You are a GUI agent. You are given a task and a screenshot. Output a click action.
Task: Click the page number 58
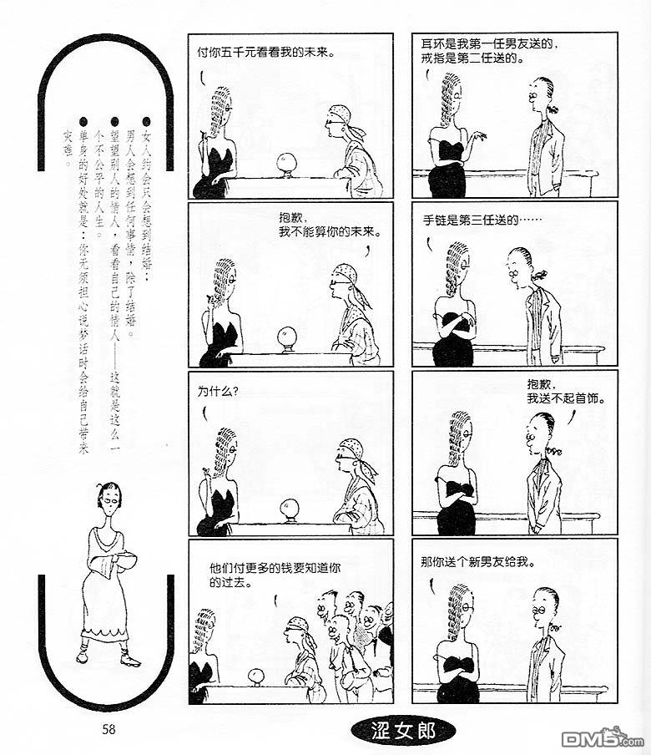click(x=108, y=729)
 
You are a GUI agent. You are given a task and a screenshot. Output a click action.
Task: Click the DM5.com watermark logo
click(x=603, y=737)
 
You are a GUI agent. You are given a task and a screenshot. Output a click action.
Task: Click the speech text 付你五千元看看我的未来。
click(x=266, y=53)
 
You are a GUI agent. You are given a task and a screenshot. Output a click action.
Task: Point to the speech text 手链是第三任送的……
click(x=482, y=220)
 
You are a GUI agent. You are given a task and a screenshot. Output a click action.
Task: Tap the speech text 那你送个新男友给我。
click(x=477, y=562)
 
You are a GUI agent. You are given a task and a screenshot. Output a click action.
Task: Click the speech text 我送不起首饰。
click(x=566, y=398)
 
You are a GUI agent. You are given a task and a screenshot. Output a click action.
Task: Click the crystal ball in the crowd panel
click(x=257, y=676)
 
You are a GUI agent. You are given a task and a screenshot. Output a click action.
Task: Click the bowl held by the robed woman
click(x=125, y=560)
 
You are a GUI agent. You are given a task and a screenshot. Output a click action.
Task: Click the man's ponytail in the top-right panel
click(x=553, y=109)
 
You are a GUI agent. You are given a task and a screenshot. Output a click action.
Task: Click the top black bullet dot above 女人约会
click(x=146, y=122)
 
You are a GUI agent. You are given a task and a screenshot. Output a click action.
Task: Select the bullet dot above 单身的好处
click(x=83, y=122)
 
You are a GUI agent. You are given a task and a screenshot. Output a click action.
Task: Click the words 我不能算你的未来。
click(x=330, y=232)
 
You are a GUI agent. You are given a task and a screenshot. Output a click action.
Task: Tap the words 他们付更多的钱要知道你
click(x=275, y=568)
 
